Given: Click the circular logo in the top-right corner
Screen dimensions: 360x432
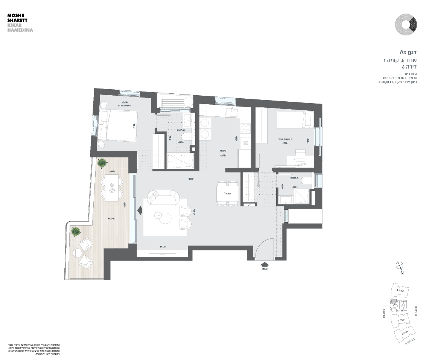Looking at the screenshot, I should (x=406, y=24).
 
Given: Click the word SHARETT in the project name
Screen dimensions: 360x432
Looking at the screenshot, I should (x=17, y=20).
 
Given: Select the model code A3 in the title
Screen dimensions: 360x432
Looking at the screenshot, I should (x=403, y=52).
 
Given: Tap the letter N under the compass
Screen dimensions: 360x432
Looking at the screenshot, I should (x=402, y=273).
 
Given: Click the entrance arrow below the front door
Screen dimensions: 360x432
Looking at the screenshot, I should (x=265, y=265).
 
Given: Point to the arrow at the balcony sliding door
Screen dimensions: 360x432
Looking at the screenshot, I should (x=140, y=210).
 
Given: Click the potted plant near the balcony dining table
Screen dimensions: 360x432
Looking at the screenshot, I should (x=102, y=163).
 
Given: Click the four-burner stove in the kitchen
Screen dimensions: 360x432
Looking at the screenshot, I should (x=245, y=128).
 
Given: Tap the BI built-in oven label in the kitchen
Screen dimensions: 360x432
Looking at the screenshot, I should (x=245, y=143).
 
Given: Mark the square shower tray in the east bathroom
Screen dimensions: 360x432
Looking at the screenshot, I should (x=301, y=196).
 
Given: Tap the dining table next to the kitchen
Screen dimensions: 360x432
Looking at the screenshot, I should (x=228, y=194).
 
